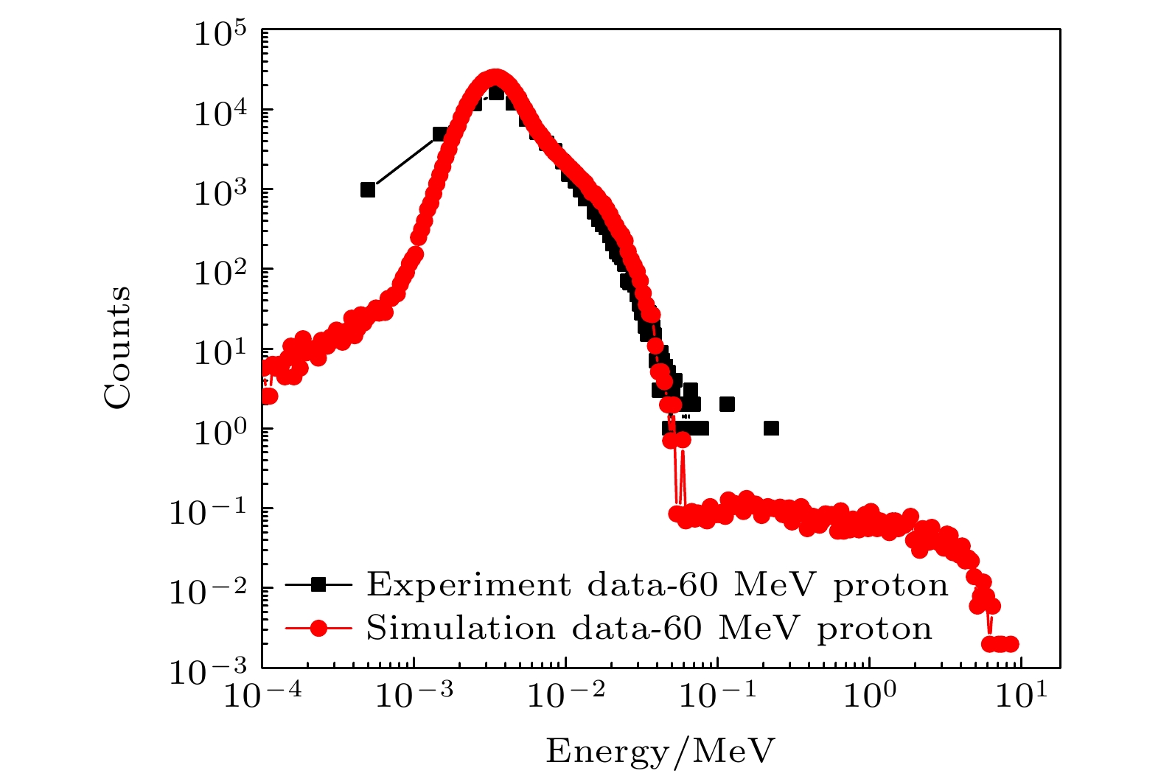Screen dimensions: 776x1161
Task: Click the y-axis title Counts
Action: (x=117, y=347)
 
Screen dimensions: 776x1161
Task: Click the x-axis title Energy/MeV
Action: (x=660, y=751)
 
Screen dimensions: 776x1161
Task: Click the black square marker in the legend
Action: (x=318, y=584)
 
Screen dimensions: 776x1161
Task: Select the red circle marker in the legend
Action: (x=318, y=629)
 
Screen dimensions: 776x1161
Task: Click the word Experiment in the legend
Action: (x=468, y=584)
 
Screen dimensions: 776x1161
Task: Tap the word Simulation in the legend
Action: (x=461, y=629)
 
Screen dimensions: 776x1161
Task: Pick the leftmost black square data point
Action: (x=368, y=189)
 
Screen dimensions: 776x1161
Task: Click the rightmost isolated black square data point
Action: (x=771, y=428)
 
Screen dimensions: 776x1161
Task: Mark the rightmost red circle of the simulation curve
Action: (x=1011, y=644)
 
